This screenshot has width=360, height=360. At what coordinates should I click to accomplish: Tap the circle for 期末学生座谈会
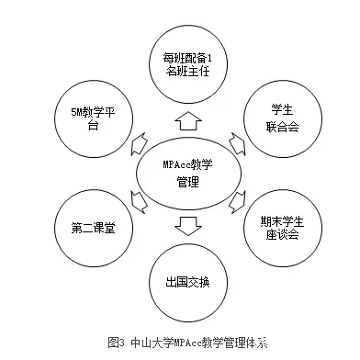click(x=280, y=225)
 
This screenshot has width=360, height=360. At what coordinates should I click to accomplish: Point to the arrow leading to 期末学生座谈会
click(x=236, y=201)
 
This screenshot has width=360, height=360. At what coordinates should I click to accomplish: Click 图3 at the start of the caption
click(x=116, y=343)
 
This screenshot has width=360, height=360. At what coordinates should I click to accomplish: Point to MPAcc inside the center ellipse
click(x=174, y=163)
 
